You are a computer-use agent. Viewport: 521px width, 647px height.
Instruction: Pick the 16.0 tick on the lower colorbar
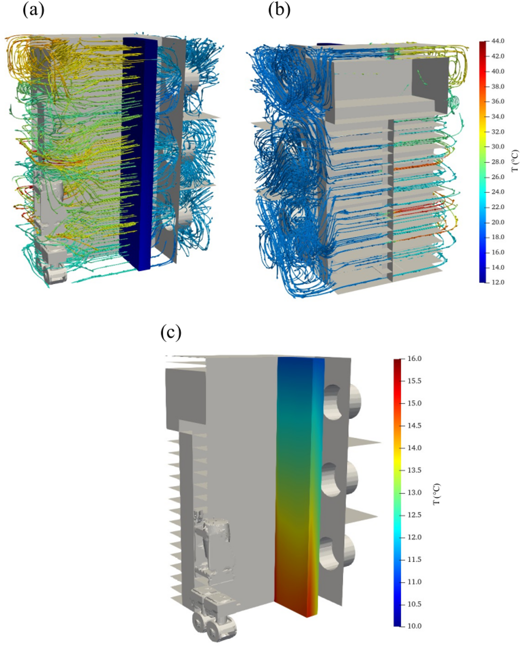(x=414, y=359)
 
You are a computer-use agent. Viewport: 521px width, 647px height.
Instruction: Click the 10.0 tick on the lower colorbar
(x=414, y=626)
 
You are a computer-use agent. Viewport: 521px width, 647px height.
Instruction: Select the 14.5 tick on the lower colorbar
(x=414, y=425)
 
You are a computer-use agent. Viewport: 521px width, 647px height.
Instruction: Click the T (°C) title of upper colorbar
(x=515, y=162)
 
